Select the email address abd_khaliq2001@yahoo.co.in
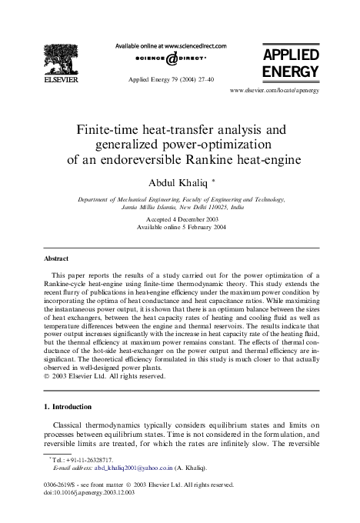[x=125, y=467]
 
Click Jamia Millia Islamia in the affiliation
[x=148, y=207]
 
